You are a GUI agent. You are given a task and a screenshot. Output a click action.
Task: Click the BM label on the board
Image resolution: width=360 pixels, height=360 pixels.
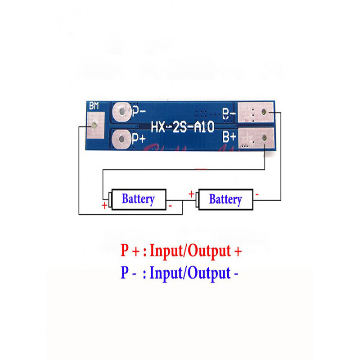click(94, 107)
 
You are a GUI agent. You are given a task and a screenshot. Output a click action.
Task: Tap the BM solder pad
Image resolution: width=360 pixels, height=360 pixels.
click(94, 126)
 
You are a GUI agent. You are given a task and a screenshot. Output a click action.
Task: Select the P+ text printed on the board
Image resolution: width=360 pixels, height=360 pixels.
click(138, 138)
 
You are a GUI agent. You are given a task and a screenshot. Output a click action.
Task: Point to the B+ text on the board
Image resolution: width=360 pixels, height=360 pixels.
click(229, 135)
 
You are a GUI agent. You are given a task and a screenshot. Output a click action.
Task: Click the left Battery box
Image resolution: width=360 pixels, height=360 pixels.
click(138, 198)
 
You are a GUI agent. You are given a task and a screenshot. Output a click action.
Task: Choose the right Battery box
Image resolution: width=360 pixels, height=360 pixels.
click(225, 199)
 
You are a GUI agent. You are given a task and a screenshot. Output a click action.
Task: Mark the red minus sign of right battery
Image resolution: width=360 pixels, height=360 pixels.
click(256, 194)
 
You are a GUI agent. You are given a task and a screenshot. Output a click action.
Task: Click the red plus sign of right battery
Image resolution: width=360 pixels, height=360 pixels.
click(191, 194)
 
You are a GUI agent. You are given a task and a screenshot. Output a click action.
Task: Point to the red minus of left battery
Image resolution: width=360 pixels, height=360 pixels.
click(171, 206)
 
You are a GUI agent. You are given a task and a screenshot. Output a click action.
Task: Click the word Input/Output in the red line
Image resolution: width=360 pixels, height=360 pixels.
click(190, 251)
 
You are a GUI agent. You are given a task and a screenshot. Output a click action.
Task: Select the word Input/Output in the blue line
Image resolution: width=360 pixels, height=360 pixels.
click(190, 273)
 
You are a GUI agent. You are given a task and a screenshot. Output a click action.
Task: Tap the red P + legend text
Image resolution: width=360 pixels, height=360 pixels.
click(130, 251)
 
